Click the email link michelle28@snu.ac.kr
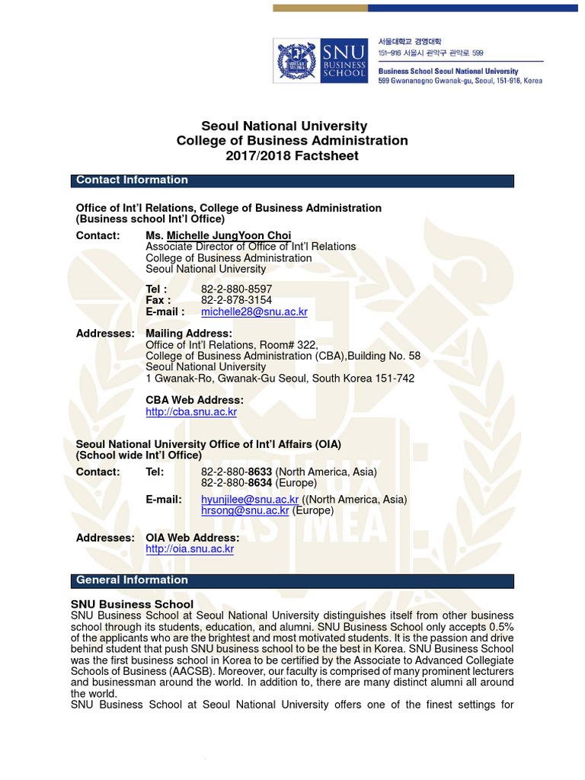[x=254, y=312]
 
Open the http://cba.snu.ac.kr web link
[x=191, y=412]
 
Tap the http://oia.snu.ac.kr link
[x=190, y=549]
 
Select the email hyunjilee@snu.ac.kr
[x=250, y=500]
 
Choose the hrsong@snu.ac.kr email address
[x=245, y=511]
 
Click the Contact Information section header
[x=132, y=181]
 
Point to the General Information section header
[x=132, y=580]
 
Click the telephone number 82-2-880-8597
[x=236, y=289]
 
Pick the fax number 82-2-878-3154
[x=236, y=301]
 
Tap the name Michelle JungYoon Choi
[x=229, y=235]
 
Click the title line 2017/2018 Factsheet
[x=292, y=156]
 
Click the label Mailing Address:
[x=189, y=334]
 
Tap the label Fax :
[x=158, y=301]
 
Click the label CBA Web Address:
[x=194, y=401]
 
